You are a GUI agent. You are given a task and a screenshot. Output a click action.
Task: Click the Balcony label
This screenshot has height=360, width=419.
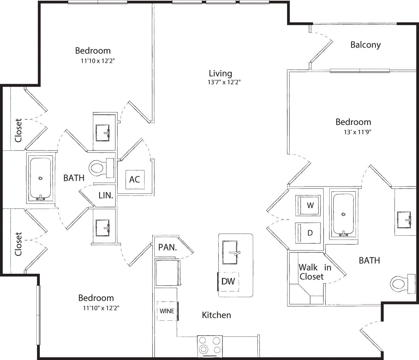[x=365, y=45]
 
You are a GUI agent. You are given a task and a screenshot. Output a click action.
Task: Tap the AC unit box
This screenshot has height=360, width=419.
[x=134, y=179]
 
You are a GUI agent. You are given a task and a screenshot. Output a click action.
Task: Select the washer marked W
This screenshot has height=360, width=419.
[x=308, y=205]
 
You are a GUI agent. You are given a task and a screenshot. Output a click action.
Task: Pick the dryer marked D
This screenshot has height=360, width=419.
[x=308, y=233]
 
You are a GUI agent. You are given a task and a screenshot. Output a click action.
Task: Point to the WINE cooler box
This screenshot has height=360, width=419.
[x=167, y=311]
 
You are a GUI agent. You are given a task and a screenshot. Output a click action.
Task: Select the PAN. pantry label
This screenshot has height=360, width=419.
[x=167, y=248]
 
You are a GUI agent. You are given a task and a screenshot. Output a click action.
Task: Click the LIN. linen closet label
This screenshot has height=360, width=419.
[x=106, y=195]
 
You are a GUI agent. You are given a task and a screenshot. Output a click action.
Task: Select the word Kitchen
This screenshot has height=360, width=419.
[x=216, y=315]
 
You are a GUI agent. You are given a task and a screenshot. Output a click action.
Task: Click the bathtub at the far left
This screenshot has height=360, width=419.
[x=41, y=179]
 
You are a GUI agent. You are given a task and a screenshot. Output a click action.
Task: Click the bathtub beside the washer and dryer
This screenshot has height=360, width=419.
[x=344, y=214]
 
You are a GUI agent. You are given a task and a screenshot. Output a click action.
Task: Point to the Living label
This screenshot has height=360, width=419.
[x=220, y=73]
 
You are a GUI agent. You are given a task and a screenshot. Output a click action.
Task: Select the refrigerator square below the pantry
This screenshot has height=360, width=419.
[x=167, y=273]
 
